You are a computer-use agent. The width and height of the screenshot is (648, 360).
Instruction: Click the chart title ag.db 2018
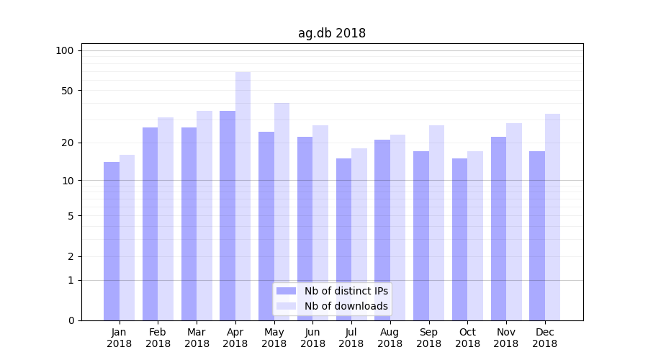(332, 33)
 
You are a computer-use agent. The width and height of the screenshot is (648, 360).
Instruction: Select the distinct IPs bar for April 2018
(228, 216)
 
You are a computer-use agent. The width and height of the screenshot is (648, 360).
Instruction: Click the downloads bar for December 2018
(553, 217)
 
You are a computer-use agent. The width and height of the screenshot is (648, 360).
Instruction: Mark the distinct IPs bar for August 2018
(382, 230)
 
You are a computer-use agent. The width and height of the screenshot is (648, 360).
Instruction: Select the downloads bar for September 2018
(436, 222)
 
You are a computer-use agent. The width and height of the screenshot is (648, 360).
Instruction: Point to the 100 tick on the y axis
(65, 50)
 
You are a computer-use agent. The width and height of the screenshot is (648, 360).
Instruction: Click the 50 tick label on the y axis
(68, 91)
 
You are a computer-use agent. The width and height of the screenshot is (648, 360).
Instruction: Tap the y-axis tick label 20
(68, 143)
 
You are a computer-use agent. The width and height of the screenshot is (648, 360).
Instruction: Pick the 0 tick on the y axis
(71, 320)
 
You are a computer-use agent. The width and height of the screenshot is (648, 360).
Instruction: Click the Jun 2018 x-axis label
(312, 338)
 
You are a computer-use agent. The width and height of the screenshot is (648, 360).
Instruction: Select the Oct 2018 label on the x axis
(467, 338)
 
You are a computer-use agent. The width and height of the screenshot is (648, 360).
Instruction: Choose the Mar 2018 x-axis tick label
(197, 338)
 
